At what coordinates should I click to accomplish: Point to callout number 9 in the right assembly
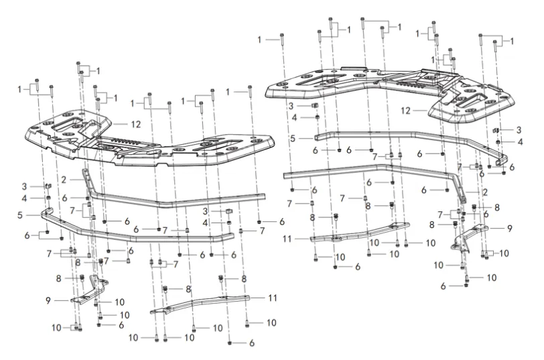510,229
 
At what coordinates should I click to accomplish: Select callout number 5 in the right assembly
293,137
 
